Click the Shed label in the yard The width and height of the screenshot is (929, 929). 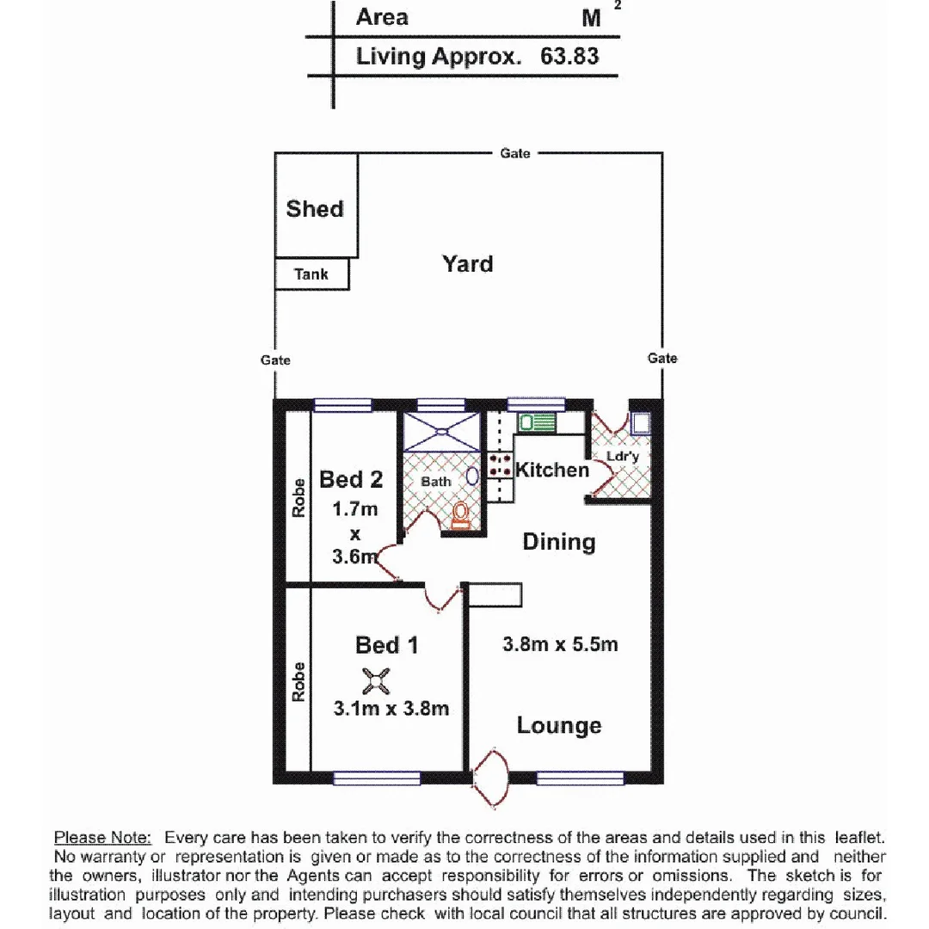315,209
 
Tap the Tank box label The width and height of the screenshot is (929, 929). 311,274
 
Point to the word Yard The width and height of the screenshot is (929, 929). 468,263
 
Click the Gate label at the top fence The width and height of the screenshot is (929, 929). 515,153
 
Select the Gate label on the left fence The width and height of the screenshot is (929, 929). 275,360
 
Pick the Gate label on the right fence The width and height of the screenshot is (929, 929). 662,358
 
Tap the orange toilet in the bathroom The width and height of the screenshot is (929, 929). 462,514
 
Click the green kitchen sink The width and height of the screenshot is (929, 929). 537,422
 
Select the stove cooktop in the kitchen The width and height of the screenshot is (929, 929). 500,466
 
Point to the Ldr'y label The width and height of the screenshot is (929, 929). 623,457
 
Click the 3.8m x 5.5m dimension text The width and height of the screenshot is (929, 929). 560,644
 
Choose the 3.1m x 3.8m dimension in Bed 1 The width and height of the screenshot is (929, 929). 391,709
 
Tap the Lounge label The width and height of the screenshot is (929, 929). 559,725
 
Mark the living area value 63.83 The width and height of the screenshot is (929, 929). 569,57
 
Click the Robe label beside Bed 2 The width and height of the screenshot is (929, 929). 298,496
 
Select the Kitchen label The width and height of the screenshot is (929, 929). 552,470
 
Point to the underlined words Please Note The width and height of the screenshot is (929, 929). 103,837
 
